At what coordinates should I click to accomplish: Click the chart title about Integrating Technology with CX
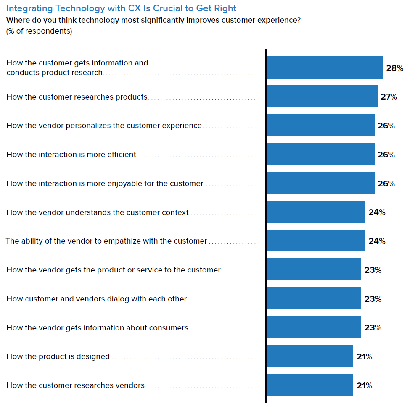[121, 8]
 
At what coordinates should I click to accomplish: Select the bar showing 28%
[325, 68]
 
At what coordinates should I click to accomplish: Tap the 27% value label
[389, 97]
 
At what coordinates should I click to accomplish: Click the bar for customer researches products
[322, 96]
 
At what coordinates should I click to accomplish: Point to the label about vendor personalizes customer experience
[104, 126]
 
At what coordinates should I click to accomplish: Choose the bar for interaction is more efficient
[320, 154]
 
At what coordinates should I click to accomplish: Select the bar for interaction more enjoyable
[320, 183]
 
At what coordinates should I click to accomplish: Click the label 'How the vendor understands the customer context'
[98, 212]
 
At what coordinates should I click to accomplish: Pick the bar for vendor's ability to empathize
[316, 241]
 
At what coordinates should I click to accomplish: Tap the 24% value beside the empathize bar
[377, 241]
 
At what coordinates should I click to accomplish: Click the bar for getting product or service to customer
[314, 270]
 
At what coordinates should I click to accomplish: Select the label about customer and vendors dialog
[97, 299]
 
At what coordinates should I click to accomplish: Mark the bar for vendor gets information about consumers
[314, 327]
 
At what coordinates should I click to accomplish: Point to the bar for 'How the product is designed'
[310, 356]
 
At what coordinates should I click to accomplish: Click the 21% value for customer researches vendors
[364, 385]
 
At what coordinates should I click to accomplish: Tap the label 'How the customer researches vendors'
[76, 385]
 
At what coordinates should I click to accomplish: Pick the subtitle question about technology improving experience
[153, 20]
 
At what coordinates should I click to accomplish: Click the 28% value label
[394, 68]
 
